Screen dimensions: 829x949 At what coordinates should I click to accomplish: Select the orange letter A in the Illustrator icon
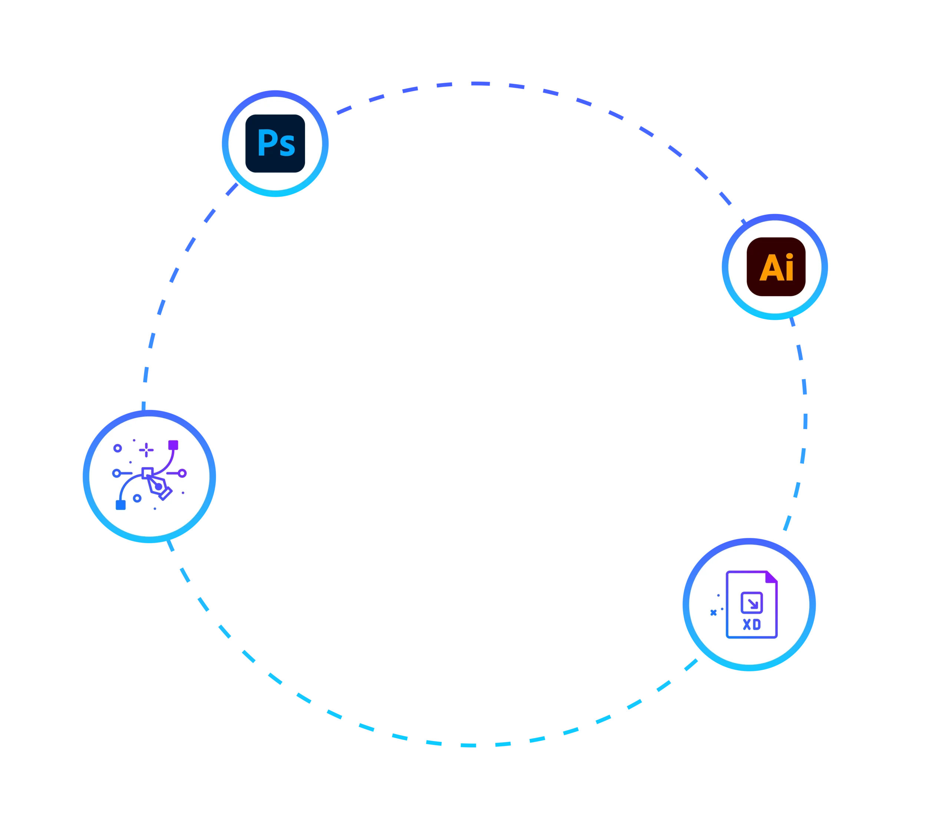click(x=769, y=268)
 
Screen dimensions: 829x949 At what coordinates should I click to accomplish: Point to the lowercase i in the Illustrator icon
click(x=789, y=267)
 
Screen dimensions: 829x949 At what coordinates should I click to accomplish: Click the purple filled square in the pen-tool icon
click(x=173, y=445)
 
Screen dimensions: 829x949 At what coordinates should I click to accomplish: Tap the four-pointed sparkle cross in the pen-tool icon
click(x=146, y=450)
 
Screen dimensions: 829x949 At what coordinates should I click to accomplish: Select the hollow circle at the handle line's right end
click(x=183, y=473)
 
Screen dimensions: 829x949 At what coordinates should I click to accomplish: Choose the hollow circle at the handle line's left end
click(x=116, y=473)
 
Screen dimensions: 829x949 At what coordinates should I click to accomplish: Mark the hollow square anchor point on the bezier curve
click(x=147, y=473)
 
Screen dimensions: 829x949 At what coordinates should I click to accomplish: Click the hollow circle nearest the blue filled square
click(x=137, y=498)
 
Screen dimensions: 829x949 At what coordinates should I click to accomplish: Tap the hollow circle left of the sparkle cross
click(x=118, y=448)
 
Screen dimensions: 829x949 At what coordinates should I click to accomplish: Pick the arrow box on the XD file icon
click(x=751, y=603)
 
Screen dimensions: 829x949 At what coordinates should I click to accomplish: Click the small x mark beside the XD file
click(x=713, y=613)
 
